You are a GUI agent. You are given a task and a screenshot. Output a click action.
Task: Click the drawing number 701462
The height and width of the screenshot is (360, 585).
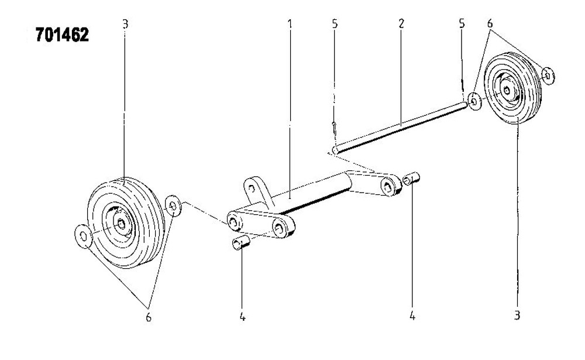tap(63, 35)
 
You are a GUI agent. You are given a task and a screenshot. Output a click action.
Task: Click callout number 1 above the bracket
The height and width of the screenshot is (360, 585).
tap(290, 24)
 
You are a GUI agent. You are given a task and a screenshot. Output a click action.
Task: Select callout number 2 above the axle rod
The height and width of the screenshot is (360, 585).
tap(401, 24)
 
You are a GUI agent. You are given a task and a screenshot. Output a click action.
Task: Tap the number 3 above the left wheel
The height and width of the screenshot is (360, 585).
tap(125, 24)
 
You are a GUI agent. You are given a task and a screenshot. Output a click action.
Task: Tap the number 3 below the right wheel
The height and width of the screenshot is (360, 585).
tap(517, 316)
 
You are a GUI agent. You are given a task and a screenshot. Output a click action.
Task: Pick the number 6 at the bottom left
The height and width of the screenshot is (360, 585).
tap(149, 317)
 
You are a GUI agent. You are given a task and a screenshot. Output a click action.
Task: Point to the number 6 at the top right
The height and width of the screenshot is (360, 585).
tap(490, 23)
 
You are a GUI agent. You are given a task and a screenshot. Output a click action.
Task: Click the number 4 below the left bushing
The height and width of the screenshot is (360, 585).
tap(243, 317)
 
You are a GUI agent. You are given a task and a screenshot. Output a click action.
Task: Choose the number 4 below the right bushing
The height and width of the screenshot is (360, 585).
tap(412, 316)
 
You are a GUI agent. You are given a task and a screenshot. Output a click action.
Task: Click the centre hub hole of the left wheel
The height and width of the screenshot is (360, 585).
tap(121, 224)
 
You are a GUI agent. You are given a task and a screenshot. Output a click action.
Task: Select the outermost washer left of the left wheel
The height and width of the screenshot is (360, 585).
tap(83, 236)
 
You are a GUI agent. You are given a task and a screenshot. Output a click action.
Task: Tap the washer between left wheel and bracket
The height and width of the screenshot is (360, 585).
tap(173, 205)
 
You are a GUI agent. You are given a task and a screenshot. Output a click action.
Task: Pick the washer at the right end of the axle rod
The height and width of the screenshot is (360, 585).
tap(474, 101)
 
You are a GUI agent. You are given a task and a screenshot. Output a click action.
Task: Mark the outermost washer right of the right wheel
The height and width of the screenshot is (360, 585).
tap(548, 76)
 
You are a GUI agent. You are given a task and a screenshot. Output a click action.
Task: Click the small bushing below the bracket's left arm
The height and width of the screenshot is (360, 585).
tap(240, 244)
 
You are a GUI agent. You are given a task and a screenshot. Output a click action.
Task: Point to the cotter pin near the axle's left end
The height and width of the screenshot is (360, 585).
tap(335, 128)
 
